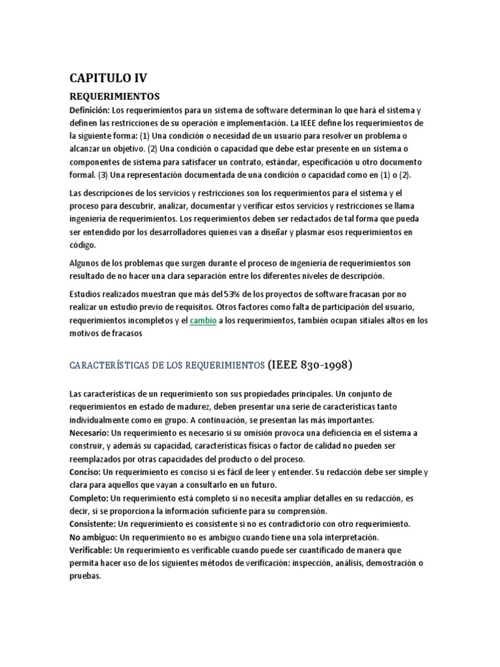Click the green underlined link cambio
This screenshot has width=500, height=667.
(203, 321)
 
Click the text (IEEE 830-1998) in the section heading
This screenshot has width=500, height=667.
(310, 365)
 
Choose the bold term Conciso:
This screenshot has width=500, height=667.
(87, 472)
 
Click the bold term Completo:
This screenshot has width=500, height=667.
(90, 498)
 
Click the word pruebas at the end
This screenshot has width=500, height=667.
(85, 576)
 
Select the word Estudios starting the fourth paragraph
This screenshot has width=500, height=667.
(86, 294)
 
